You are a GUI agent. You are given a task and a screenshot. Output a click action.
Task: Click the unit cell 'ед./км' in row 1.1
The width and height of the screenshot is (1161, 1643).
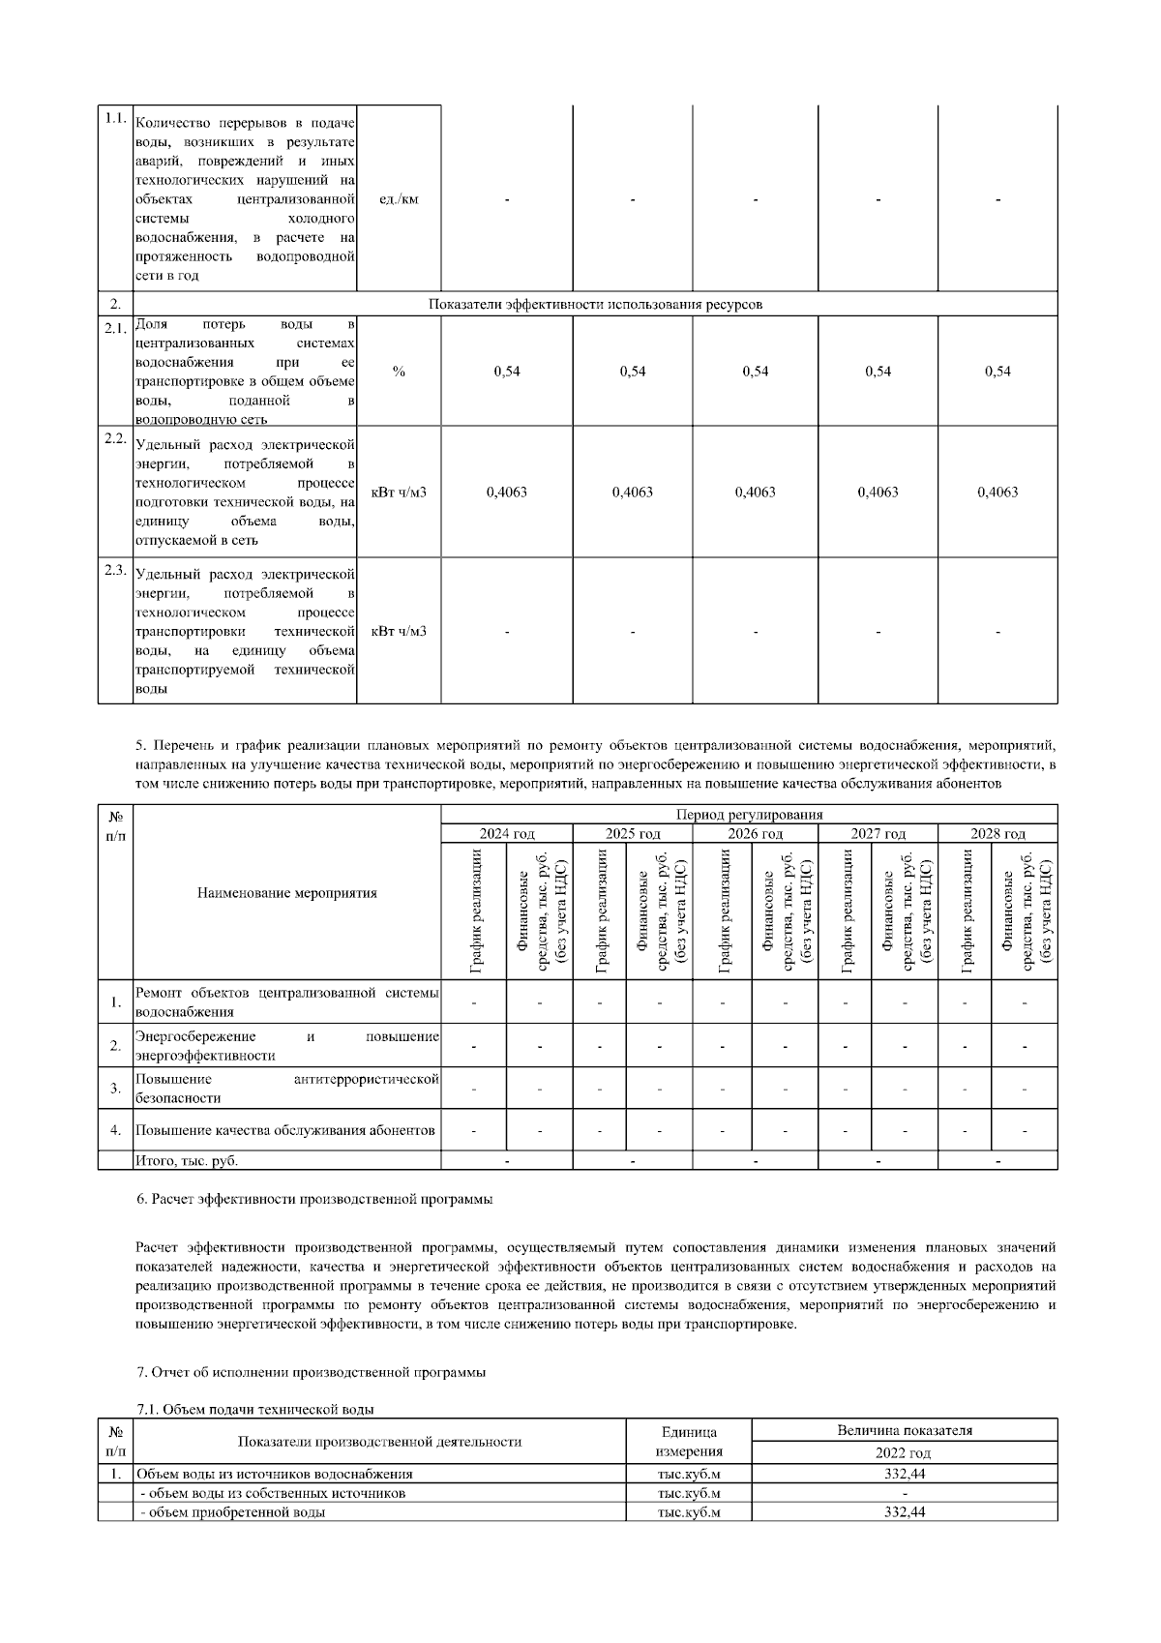(x=399, y=199)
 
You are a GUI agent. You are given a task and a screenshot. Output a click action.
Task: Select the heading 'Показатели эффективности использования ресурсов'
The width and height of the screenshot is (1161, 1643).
(x=595, y=304)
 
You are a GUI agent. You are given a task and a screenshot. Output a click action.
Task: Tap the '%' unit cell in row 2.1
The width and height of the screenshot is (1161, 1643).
(x=399, y=372)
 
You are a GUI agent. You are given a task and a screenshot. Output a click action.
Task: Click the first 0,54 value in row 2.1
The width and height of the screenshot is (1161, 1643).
(x=506, y=372)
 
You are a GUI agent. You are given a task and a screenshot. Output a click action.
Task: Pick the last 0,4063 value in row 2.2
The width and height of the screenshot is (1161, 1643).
(x=997, y=492)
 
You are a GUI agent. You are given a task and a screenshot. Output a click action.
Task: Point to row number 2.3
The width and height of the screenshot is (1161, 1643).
(x=115, y=569)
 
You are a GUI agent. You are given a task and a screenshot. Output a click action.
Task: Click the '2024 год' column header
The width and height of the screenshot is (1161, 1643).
(x=506, y=834)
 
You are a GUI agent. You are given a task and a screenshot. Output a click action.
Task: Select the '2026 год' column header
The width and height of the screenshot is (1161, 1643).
(x=755, y=834)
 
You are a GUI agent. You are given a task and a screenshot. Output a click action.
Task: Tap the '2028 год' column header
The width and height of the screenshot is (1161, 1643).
(x=997, y=834)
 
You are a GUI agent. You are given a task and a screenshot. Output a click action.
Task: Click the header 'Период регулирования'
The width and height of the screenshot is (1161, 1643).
(x=749, y=815)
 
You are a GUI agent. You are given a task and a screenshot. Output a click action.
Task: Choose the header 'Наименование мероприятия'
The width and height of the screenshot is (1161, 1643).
(x=286, y=893)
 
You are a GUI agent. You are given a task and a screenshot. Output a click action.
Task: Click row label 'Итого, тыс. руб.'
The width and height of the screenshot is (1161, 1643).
(x=187, y=1160)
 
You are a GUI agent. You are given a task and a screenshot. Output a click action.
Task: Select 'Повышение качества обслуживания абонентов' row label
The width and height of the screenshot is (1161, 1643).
(x=285, y=1130)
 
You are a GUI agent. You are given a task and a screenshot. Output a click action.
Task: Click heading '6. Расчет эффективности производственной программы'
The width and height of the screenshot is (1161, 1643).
(x=314, y=1199)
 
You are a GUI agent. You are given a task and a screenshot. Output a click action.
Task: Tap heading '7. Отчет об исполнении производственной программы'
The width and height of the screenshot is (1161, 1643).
(x=311, y=1372)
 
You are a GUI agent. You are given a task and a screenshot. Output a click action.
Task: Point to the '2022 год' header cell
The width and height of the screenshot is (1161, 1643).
(x=904, y=1453)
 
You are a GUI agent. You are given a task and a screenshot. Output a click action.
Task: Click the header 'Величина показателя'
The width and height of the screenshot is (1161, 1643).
(x=904, y=1430)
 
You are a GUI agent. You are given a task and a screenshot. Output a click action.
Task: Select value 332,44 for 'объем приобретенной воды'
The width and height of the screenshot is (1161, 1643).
(x=904, y=1512)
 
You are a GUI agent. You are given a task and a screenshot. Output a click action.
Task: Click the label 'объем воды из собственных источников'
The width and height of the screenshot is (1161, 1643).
(x=274, y=1493)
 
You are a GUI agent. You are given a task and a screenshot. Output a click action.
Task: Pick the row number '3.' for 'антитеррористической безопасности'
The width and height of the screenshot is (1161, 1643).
(x=115, y=1089)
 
